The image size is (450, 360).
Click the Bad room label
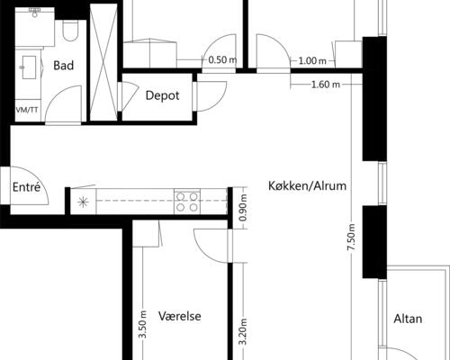[x=64, y=66]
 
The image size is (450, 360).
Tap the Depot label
[x=162, y=95]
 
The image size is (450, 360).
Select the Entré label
[x=26, y=187]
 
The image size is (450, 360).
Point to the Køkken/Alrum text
[x=307, y=186]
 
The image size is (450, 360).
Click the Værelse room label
[x=180, y=316]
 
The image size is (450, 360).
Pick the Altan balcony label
[x=408, y=319]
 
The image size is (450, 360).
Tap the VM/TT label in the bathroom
[x=27, y=110]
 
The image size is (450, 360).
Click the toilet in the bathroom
[x=70, y=30]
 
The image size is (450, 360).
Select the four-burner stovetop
[x=187, y=202]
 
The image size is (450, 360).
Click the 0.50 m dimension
[x=222, y=60]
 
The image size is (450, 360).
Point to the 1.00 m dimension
[x=312, y=61]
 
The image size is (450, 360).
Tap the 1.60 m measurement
[x=326, y=85]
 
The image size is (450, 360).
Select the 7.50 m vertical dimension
[x=351, y=237]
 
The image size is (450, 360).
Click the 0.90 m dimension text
[x=243, y=208]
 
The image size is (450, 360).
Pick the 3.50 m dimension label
[x=143, y=324]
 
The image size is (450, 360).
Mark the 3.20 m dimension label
[x=243, y=332]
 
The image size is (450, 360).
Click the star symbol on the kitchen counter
[x=83, y=202]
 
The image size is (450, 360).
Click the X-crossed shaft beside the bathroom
[x=103, y=62]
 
